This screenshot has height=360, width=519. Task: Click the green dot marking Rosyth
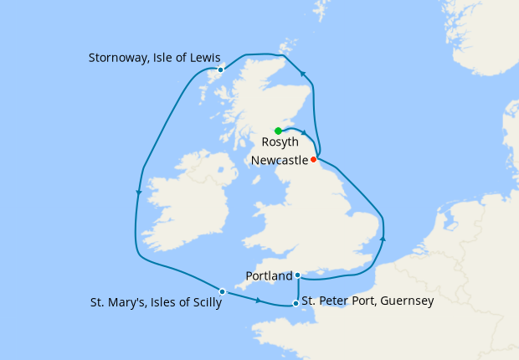tap(278, 131)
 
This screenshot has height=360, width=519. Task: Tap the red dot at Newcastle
tap(314, 159)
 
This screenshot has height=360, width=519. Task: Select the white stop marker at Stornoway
tap(220, 69)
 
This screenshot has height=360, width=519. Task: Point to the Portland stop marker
tap(298, 275)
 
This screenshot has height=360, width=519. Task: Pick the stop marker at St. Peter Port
tap(295, 303)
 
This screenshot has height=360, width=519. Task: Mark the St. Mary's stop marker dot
tap(222, 291)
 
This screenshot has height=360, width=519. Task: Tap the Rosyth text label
tap(280, 143)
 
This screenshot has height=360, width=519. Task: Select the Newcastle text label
tap(279, 159)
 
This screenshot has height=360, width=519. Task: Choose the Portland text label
tap(270, 275)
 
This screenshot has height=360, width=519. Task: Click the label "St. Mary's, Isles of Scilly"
tap(156, 303)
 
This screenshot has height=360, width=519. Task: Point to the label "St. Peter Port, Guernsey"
tap(367, 300)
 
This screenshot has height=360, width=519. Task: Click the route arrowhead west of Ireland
tap(139, 193)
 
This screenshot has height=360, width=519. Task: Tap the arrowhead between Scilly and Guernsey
tap(258, 300)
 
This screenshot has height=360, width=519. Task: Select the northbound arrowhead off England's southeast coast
tap(383, 240)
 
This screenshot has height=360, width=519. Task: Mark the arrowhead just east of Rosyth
tap(306, 134)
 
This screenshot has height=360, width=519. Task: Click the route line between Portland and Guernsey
tap(298, 289)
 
